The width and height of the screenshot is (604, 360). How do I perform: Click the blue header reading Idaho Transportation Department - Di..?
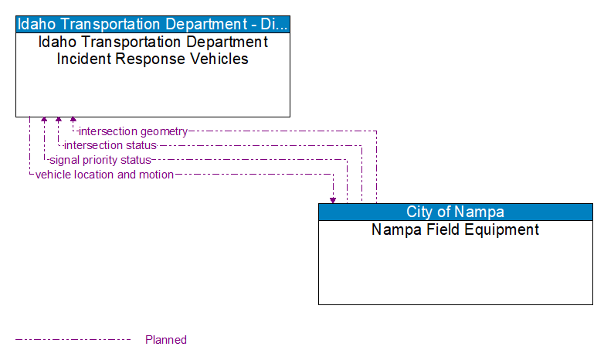[x=153, y=24]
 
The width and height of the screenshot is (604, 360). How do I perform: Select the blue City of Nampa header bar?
[x=456, y=212]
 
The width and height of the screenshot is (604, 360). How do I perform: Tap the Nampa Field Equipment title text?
[x=456, y=229]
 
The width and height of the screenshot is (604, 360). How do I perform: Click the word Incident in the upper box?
[x=85, y=59]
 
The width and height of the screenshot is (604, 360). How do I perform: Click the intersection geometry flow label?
[x=133, y=131]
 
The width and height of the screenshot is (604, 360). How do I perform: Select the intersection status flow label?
[x=110, y=145]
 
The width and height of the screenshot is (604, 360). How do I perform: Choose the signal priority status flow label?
[x=100, y=160]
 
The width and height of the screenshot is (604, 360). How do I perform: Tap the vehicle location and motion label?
[x=104, y=175]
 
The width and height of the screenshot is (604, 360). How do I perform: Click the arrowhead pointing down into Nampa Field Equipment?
[x=333, y=199]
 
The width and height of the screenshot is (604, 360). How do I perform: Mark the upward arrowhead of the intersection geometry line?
[x=73, y=121]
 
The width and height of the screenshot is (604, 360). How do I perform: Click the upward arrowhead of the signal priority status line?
[x=44, y=121]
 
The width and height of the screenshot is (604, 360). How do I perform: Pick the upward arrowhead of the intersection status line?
[x=59, y=121]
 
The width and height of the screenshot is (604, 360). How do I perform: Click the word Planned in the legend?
[x=166, y=340]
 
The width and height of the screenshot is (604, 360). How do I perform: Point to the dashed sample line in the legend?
[x=73, y=339]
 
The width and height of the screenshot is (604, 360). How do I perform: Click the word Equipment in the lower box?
[x=504, y=229]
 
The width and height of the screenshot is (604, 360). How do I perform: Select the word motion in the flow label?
[x=156, y=175]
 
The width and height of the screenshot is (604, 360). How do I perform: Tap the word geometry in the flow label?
[x=163, y=131]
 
